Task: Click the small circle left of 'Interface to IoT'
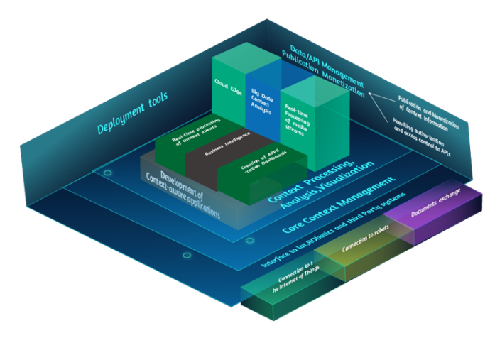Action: coord(187,255)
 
